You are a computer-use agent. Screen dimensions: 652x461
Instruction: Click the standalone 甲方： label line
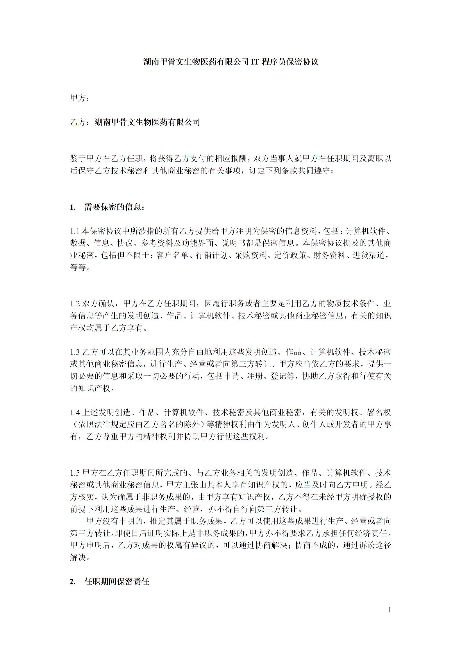pos(79,98)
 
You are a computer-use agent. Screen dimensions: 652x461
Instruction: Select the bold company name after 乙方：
pos(147,122)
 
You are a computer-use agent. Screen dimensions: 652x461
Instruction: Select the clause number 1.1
pos(74,231)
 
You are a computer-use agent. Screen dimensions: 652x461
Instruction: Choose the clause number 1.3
pos(75,352)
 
